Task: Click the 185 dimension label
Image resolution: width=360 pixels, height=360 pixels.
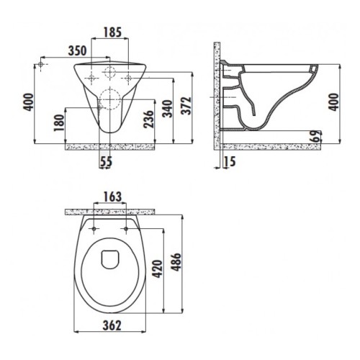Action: tap(112, 32)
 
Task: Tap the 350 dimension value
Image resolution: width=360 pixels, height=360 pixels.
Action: tap(77, 51)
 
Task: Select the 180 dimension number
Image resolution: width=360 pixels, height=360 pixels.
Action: tap(59, 122)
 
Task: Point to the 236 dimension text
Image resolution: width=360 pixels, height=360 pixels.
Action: tap(148, 119)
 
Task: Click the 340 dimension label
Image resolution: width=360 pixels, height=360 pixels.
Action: tap(167, 109)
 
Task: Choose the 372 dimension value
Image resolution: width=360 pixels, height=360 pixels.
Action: tap(186, 106)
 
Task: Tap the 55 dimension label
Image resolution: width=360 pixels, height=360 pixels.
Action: tap(106, 161)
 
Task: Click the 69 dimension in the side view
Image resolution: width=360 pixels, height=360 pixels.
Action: tap(317, 136)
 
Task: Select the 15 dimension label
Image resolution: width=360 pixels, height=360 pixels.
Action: tap(230, 161)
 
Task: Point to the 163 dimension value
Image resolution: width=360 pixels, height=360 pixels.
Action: tap(112, 197)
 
